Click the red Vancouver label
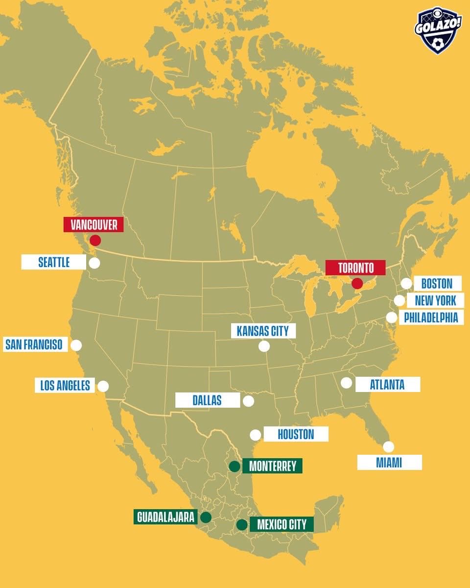(x=94, y=225)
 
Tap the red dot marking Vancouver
(x=95, y=240)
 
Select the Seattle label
(x=54, y=262)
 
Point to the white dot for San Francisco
(x=76, y=345)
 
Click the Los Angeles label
(x=65, y=385)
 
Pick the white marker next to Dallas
(x=248, y=401)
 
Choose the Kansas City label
(x=263, y=331)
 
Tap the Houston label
(x=296, y=434)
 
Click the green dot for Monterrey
(x=235, y=466)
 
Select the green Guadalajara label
(x=166, y=517)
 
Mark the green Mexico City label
(x=282, y=524)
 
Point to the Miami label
(x=389, y=462)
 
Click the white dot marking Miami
(x=388, y=446)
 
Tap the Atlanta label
(x=387, y=384)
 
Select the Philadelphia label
(x=431, y=317)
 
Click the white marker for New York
(x=399, y=300)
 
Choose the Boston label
(x=437, y=283)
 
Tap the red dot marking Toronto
(x=357, y=283)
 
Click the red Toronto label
(x=356, y=268)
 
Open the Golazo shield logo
(x=438, y=30)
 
